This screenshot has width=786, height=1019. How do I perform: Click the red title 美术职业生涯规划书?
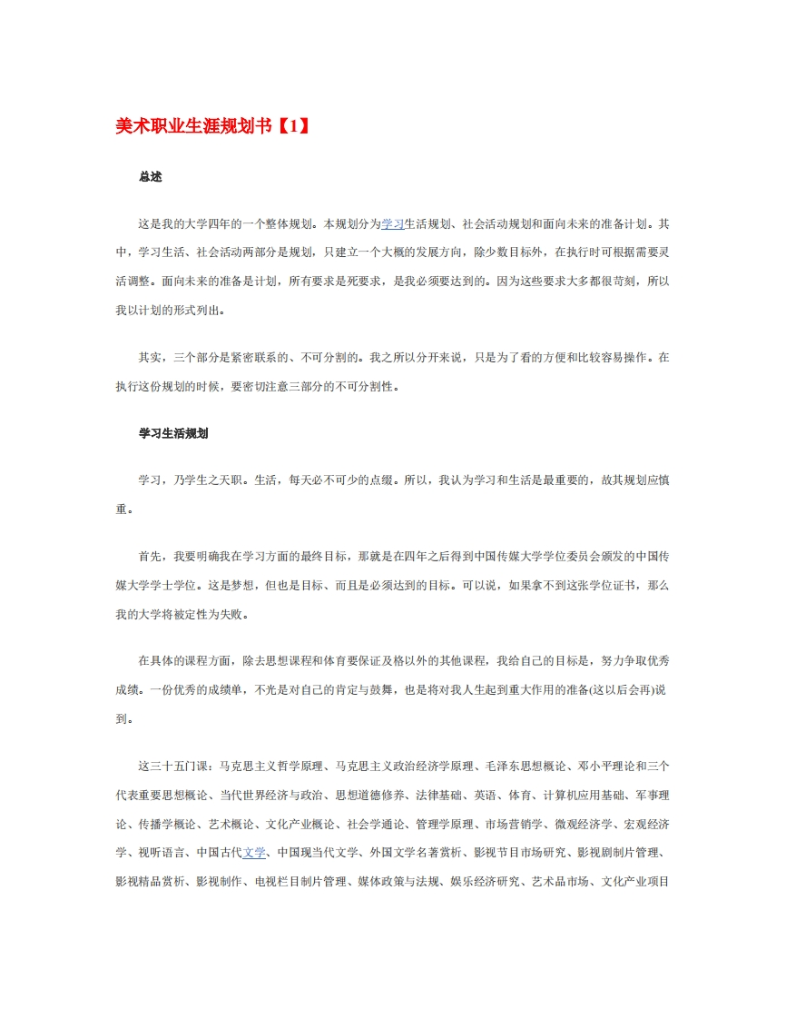[193, 127]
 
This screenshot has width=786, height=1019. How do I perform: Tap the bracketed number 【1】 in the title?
[291, 127]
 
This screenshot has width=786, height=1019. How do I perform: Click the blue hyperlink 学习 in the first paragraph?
[392, 223]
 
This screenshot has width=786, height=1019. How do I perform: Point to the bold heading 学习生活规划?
[173, 433]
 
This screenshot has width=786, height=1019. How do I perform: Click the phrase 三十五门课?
[181, 766]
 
